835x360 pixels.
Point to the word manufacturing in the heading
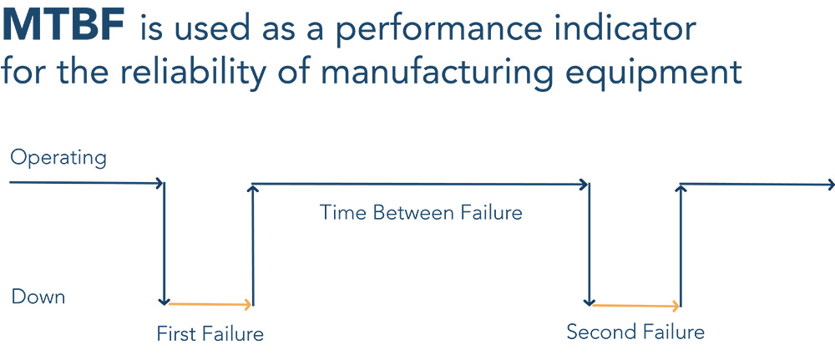pyautogui.click(x=436, y=72)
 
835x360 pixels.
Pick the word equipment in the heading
pyautogui.click(x=652, y=72)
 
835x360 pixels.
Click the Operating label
pyautogui.click(x=58, y=158)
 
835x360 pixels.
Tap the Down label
pyautogui.click(x=38, y=297)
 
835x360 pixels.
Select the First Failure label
pyautogui.click(x=210, y=334)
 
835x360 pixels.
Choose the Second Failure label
pyautogui.click(x=635, y=332)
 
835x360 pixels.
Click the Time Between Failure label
pyautogui.click(x=420, y=212)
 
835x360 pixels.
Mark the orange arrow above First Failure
pyautogui.click(x=211, y=304)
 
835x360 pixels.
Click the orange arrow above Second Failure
pyautogui.click(x=636, y=305)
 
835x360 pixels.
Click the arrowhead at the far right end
pyautogui.click(x=829, y=184)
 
